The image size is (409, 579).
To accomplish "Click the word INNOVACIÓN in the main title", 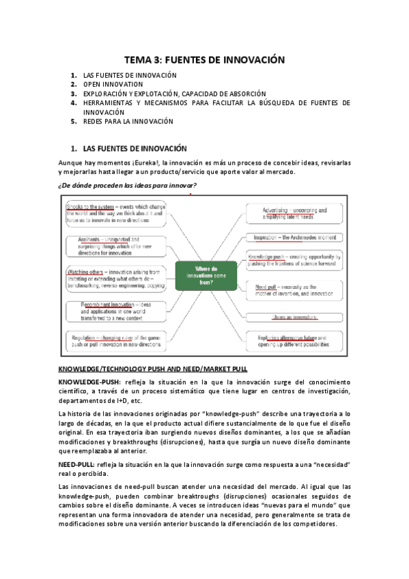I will (x=247, y=60).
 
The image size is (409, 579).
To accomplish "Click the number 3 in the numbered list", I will (x=73, y=94).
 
